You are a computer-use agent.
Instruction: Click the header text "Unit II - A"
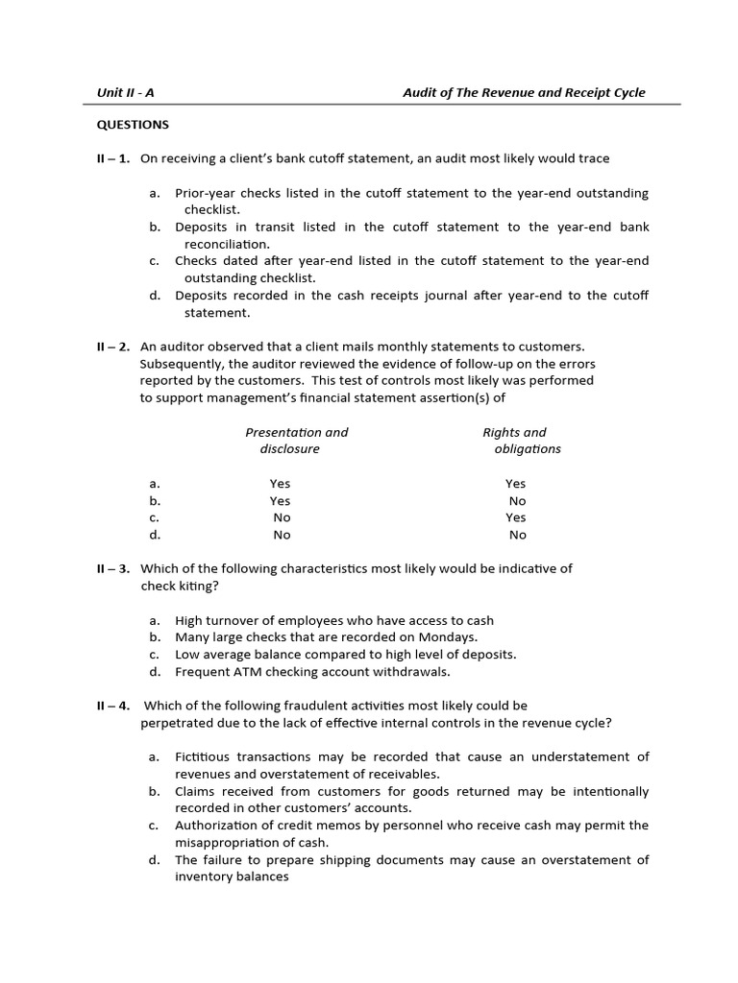tap(126, 92)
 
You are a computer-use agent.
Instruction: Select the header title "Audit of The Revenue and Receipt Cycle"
tap(524, 92)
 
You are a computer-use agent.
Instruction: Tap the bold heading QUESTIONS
tap(133, 124)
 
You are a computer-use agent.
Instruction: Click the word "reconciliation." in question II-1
tap(228, 244)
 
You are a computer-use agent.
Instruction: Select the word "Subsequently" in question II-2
tap(181, 363)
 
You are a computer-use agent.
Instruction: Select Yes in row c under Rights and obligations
tap(516, 517)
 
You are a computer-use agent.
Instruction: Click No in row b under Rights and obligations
tap(517, 500)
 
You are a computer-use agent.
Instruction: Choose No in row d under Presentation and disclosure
tap(282, 535)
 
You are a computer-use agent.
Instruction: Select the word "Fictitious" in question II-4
tap(205, 757)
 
